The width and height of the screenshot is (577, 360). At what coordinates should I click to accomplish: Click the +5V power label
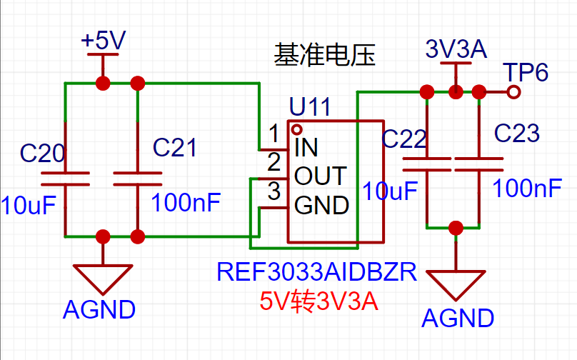(104, 41)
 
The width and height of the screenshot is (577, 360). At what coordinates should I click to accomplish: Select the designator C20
(43, 153)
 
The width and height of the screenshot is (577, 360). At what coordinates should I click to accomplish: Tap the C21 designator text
(175, 147)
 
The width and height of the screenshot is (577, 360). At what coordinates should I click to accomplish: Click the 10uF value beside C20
(29, 205)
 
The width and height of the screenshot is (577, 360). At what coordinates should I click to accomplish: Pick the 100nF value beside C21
(186, 201)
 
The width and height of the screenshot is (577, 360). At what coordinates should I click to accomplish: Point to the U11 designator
(310, 108)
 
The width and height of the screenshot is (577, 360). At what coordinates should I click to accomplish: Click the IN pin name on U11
(306, 148)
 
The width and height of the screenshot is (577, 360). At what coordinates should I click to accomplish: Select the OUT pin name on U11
(320, 176)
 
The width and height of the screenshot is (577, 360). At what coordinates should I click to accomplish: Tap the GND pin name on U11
(322, 206)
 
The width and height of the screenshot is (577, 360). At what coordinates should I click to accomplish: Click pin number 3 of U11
(274, 191)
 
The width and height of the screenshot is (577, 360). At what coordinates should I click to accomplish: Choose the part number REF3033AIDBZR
(316, 272)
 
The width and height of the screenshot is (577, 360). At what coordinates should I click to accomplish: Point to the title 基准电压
(325, 55)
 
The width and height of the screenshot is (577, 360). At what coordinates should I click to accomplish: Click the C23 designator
(517, 133)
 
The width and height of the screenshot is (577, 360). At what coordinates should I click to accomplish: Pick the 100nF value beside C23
(527, 189)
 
